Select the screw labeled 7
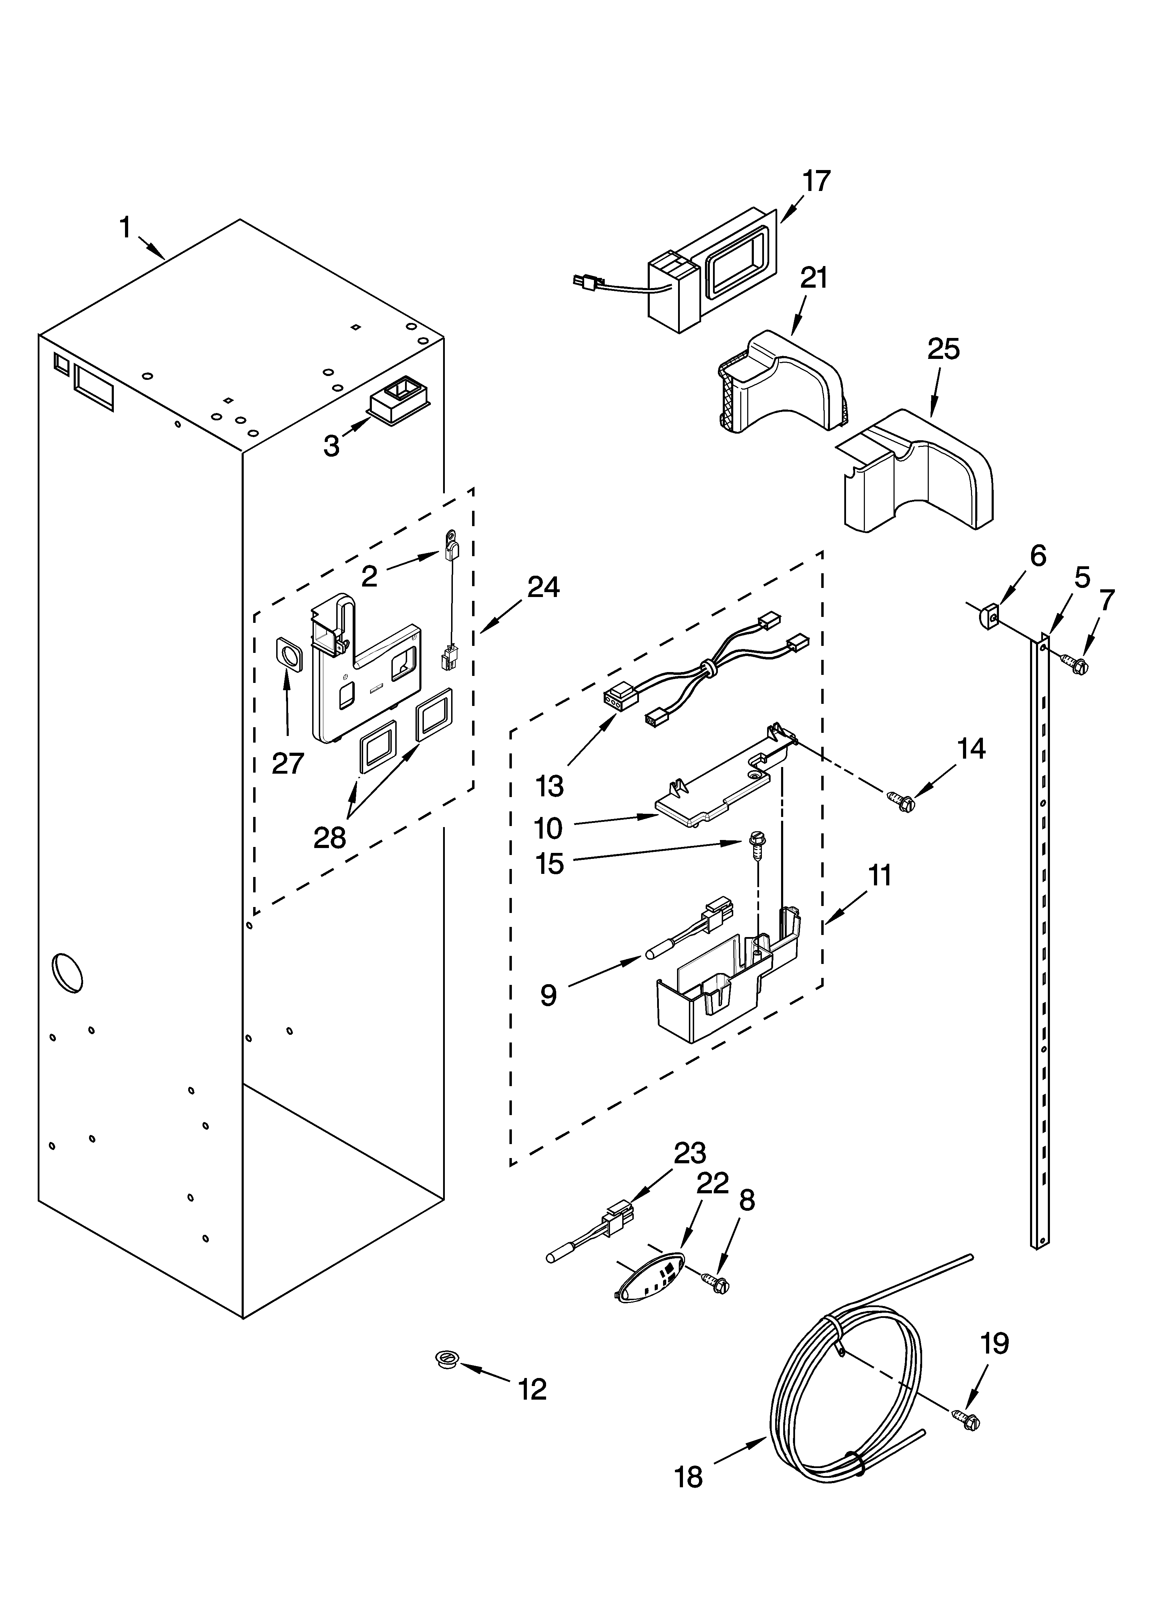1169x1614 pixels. [1076, 665]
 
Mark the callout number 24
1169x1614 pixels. [543, 587]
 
